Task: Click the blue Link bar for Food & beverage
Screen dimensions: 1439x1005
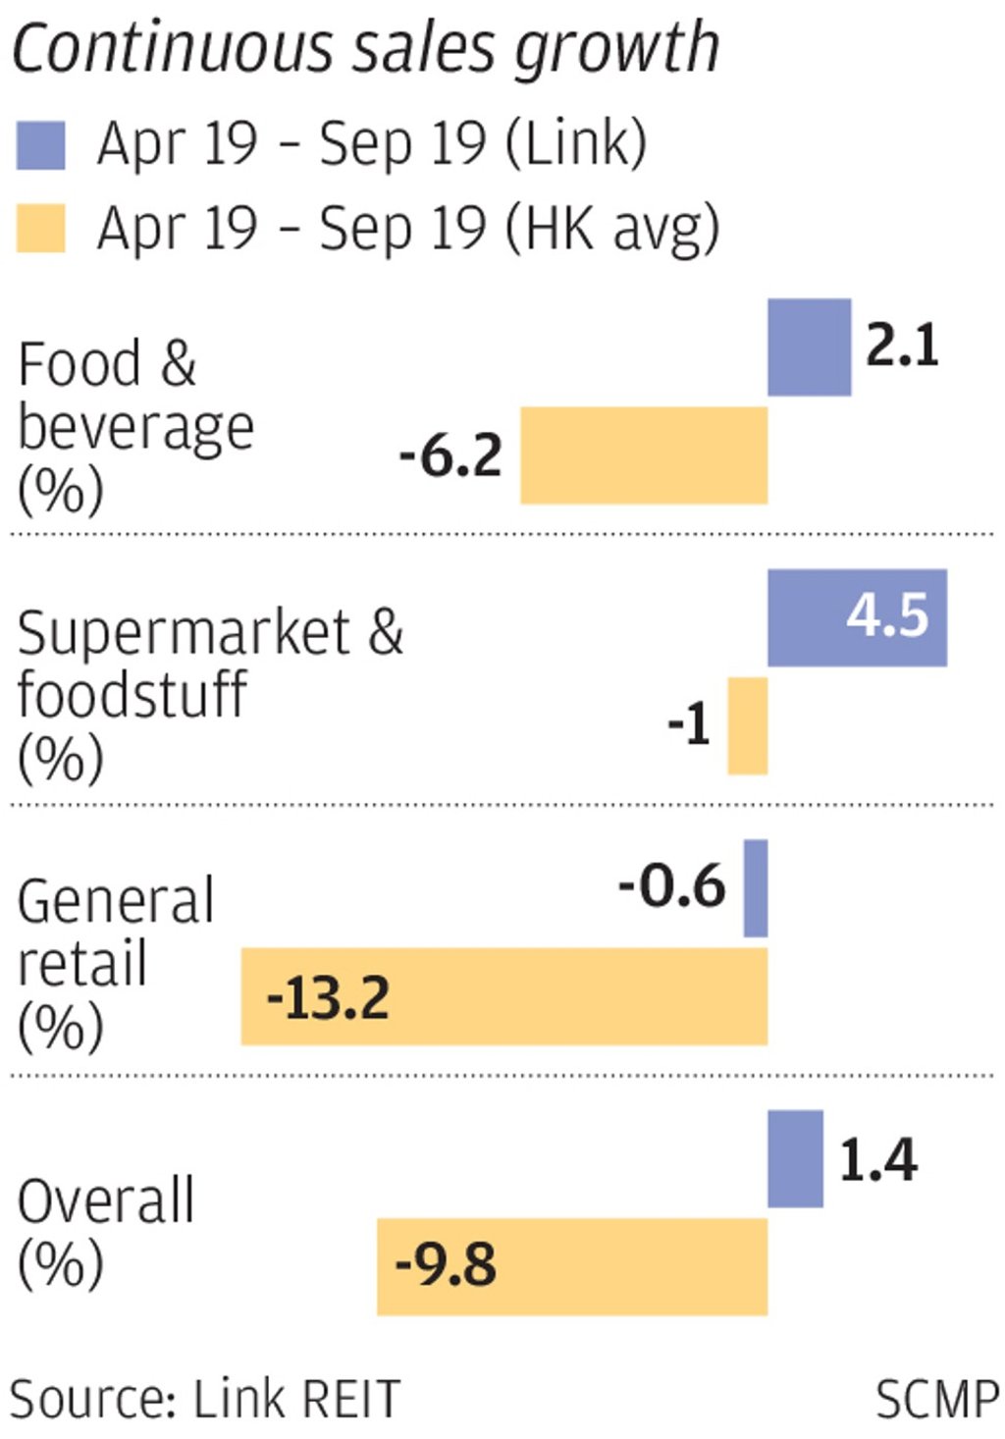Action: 809,347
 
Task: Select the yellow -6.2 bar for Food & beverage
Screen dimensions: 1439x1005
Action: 644,455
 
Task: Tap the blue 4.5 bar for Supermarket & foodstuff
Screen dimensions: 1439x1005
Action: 856,617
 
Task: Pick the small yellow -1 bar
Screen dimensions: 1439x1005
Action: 747,725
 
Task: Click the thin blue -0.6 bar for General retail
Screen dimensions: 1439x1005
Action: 756,888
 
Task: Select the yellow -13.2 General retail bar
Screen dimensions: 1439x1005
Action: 503,996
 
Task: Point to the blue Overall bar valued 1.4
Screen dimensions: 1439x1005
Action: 795,1159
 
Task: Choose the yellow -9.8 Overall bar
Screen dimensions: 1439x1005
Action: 571,1266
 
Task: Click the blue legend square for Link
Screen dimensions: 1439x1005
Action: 41,145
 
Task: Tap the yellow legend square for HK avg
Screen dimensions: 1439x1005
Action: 41,229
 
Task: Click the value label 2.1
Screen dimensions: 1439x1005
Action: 901,346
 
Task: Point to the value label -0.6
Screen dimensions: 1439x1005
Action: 672,886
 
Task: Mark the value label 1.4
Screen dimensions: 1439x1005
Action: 877,1160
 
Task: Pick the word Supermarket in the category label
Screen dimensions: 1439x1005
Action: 184,633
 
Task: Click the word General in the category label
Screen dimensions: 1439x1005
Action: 116,901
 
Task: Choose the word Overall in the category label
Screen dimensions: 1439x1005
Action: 106,1201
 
